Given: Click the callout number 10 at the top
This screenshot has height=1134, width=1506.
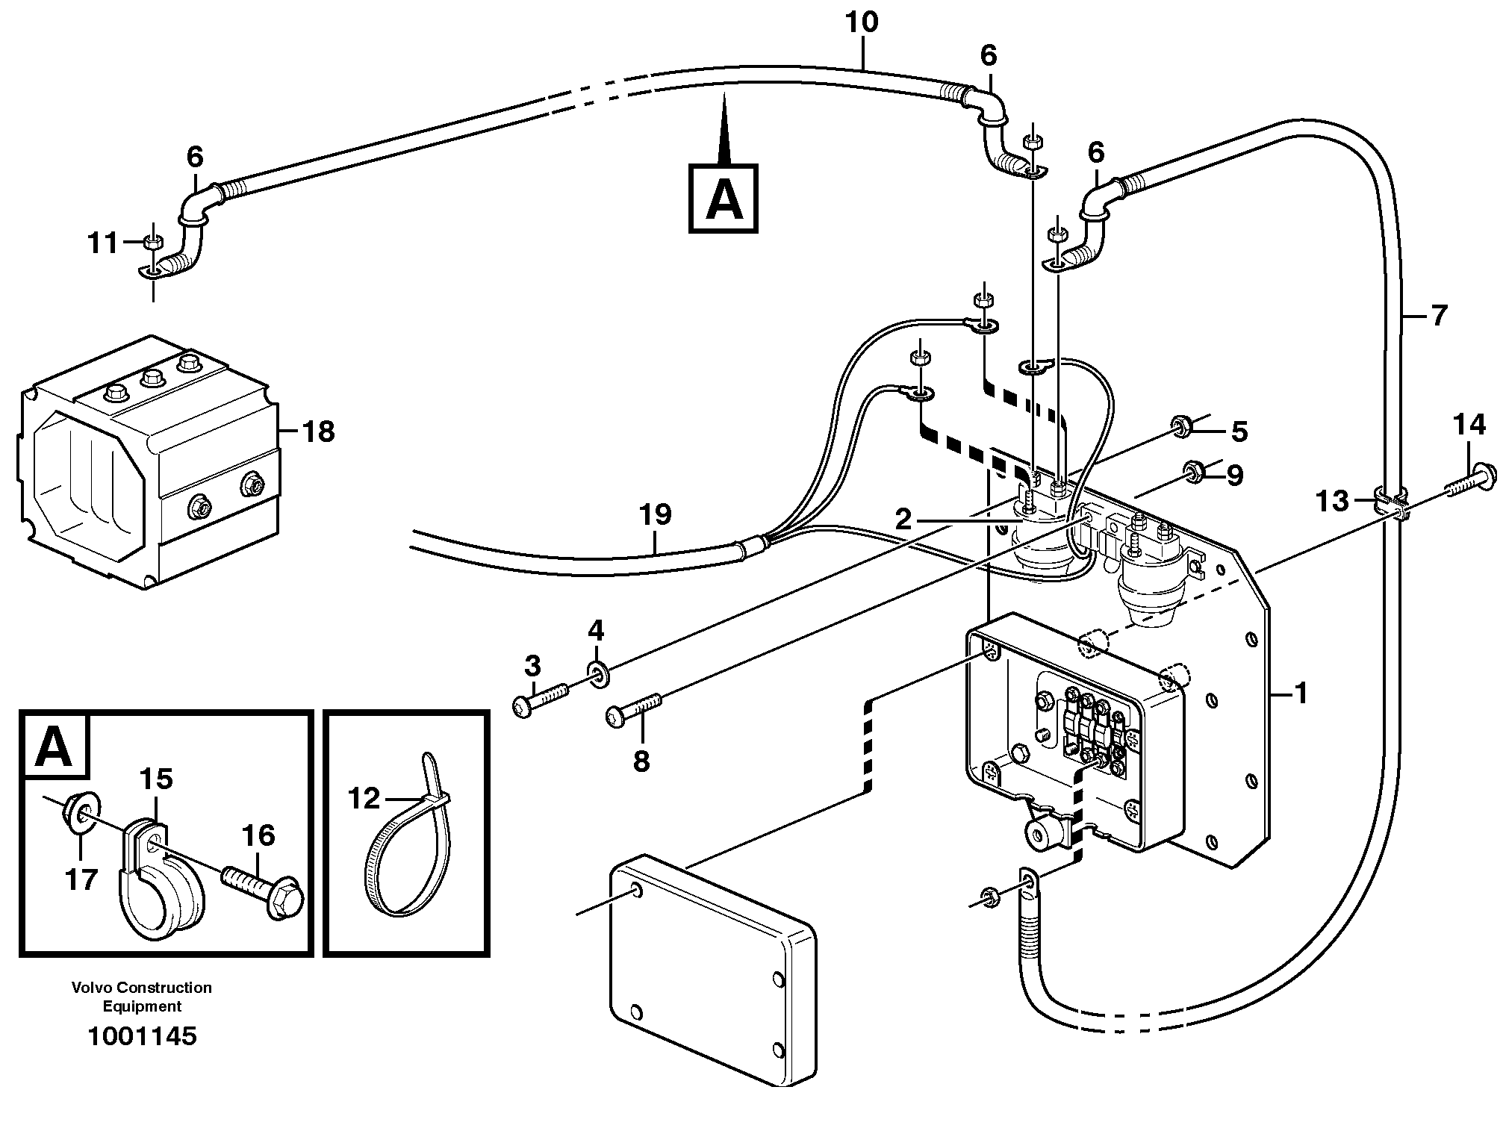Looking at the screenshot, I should click(x=862, y=23).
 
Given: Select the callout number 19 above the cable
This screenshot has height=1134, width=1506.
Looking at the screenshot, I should click(x=655, y=515).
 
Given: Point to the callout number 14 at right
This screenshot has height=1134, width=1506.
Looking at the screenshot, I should click(x=1469, y=426).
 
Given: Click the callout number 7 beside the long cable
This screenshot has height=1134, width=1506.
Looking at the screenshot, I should click(x=1439, y=315).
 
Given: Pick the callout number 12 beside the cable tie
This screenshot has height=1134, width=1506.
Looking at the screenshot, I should click(x=364, y=799).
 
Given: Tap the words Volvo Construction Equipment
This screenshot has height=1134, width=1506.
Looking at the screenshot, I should click(x=142, y=997).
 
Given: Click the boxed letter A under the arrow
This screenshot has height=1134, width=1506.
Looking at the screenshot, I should click(x=723, y=199).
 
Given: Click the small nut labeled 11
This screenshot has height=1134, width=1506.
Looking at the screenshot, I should click(x=152, y=242).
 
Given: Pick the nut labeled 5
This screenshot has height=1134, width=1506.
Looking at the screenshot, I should click(x=1180, y=426).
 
